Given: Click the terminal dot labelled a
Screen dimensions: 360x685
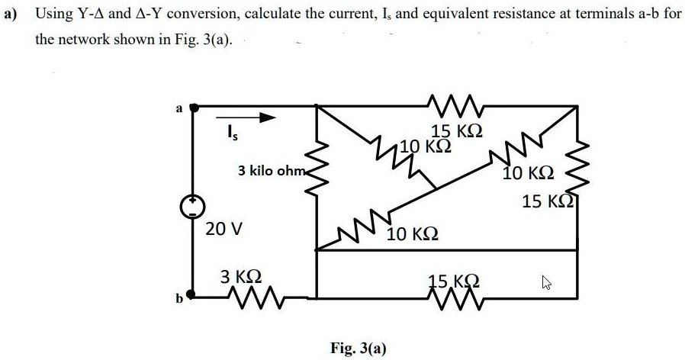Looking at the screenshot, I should point(195,108).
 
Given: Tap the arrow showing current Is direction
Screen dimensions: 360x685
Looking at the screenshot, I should point(248,118).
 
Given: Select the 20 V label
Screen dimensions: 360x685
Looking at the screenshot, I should point(224,228).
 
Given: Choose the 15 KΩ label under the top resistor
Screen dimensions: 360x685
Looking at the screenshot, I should point(456,130).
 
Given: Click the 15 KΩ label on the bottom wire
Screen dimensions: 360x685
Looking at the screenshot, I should point(454,280).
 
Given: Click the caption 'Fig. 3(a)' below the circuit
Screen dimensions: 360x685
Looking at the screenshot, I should point(359,349).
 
